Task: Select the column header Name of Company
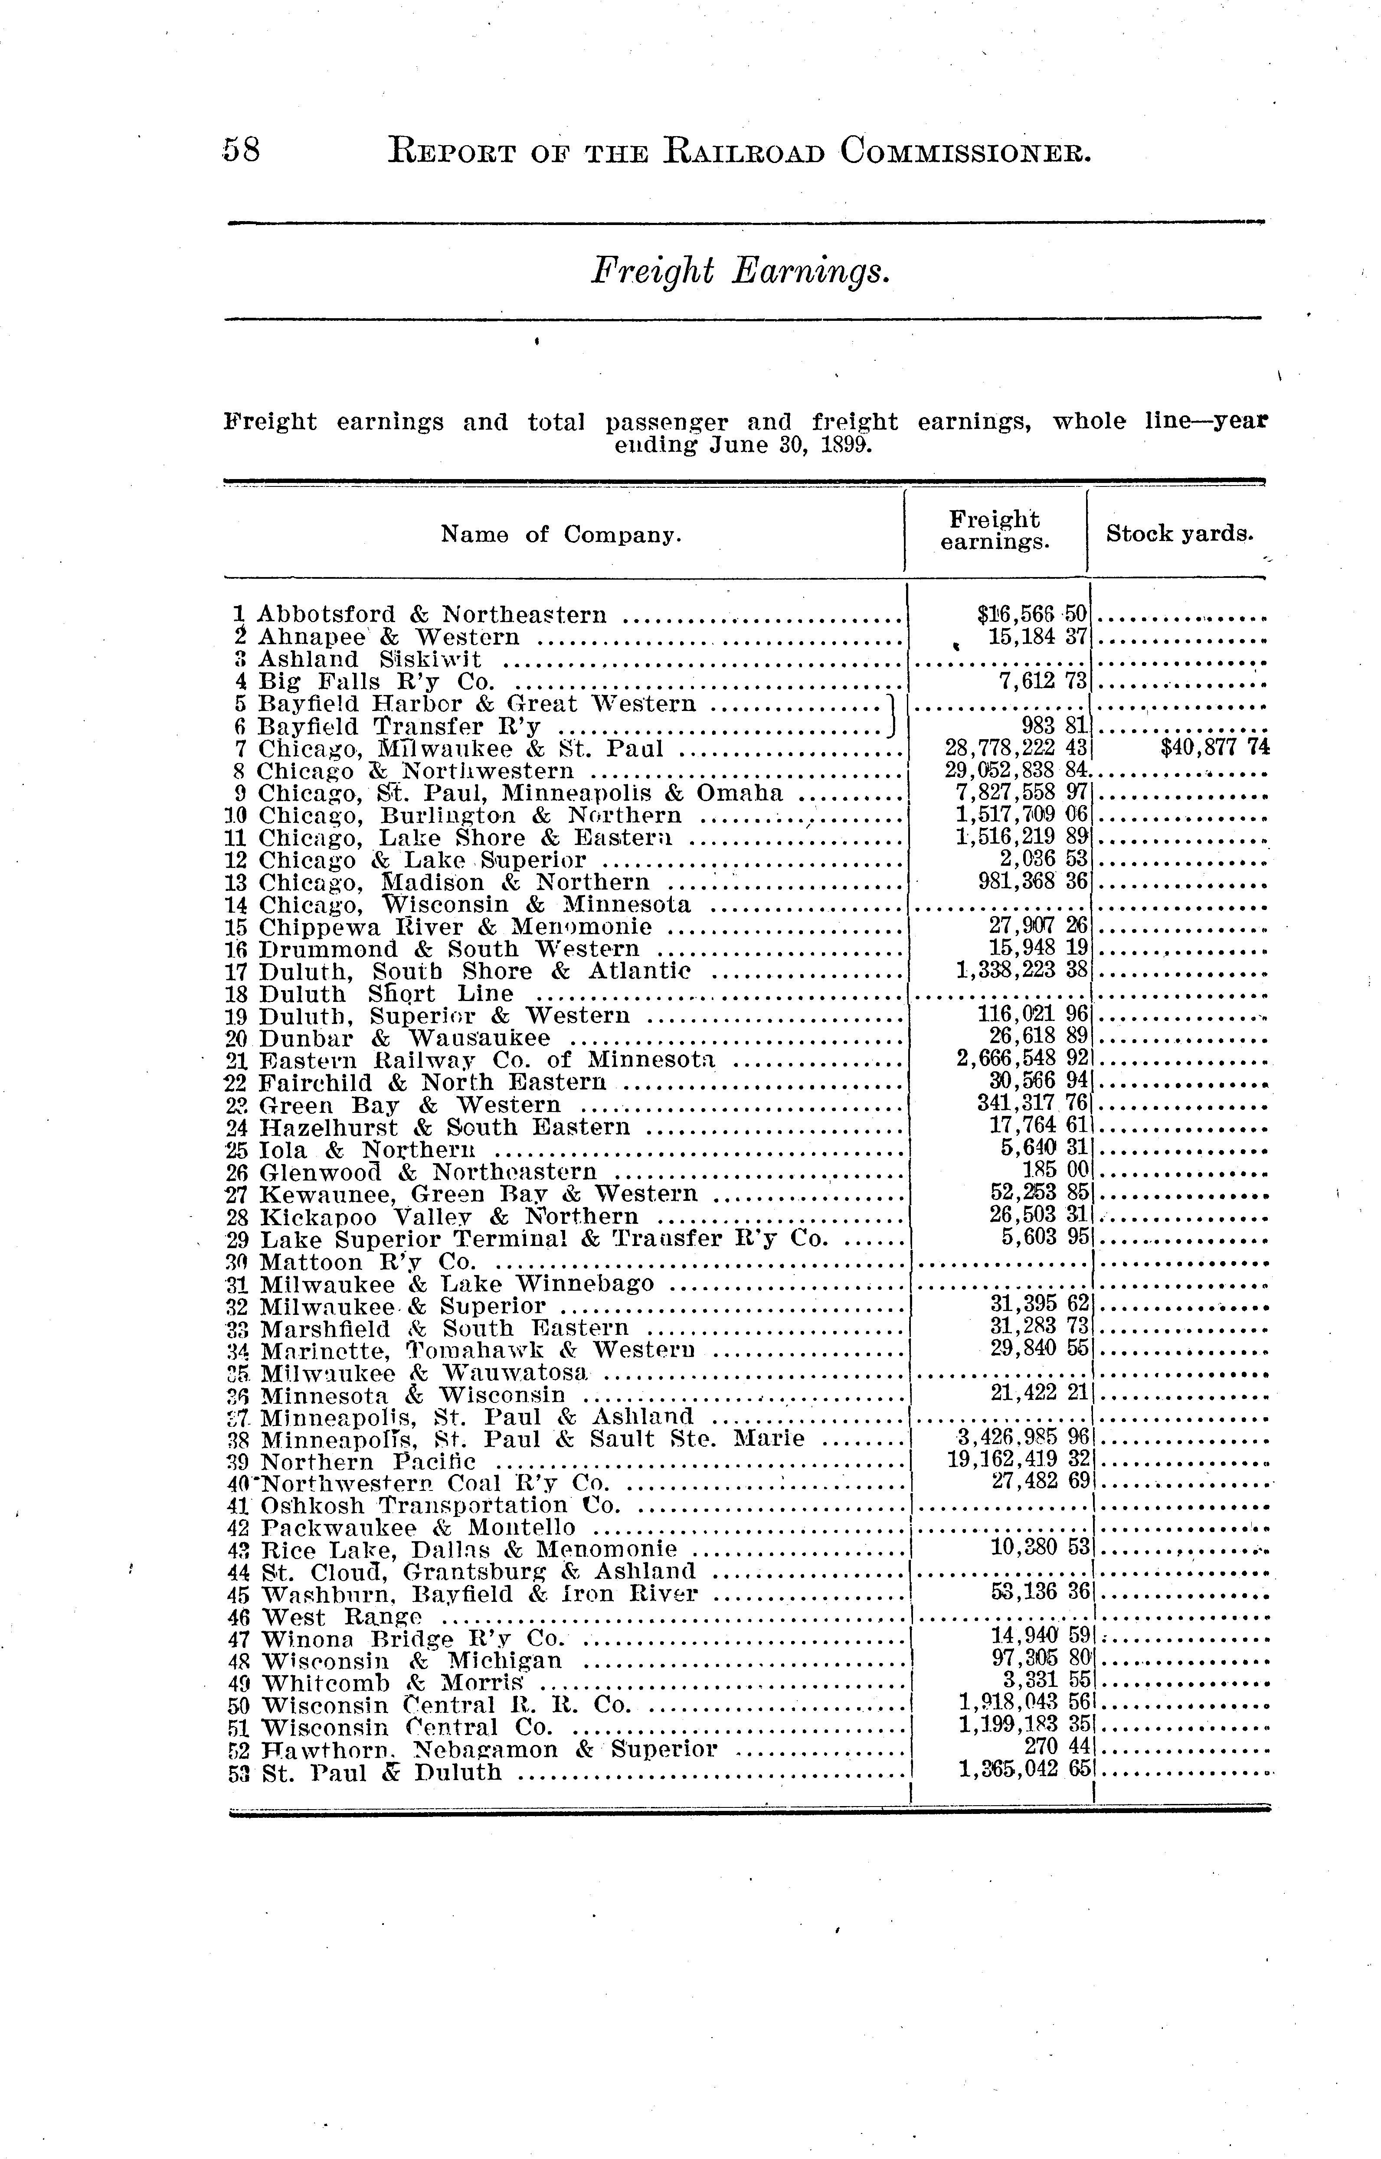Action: [561, 535]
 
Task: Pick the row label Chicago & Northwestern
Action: [416, 771]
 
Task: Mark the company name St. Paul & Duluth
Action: [381, 1773]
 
